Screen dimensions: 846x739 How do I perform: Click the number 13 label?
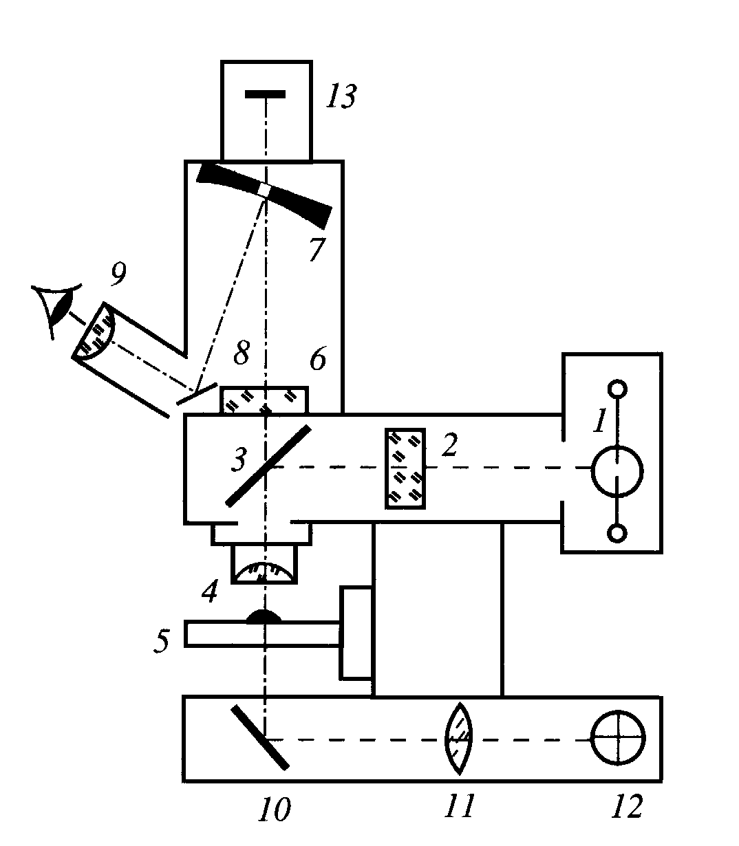(x=341, y=97)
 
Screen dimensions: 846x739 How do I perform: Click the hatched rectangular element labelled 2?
(x=405, y=468)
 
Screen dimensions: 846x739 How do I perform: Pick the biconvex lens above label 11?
(x=460, y=739)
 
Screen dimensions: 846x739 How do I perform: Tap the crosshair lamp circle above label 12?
(x=619, y=738)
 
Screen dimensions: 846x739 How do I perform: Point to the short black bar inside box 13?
(x=266, y=94)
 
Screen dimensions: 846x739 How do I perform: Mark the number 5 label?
(x=160, y=641)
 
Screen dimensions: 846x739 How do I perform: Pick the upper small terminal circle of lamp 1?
(x=618, y=389)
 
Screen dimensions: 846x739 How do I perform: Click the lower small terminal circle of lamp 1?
(x=618, y=533)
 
